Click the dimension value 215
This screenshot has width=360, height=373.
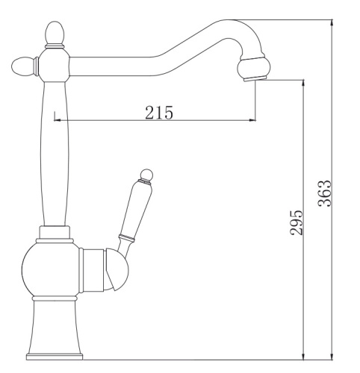click(158, 113)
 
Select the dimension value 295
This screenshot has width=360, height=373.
click(296, 222)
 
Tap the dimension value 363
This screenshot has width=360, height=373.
click(324, 193)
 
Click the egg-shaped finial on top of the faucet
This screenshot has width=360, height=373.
click(55, 34)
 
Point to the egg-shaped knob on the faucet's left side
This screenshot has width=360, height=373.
click(23, 66)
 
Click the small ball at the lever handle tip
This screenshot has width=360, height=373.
click(146, 175)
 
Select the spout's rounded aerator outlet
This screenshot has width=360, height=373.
click(253, 68)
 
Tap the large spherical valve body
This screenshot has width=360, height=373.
click(51, 269)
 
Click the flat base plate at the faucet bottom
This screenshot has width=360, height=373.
click(55, 357)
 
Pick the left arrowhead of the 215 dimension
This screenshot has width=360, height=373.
click(58, 120)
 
